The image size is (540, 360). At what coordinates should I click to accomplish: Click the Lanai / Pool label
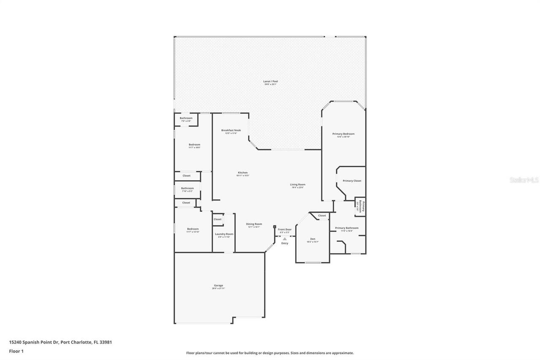coord(271,81)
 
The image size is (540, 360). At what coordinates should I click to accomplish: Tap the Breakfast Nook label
coord(231,130)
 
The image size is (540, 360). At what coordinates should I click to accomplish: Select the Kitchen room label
coord(243,173)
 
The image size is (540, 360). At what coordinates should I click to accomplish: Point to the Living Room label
coord(297,184)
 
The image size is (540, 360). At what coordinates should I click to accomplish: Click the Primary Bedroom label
coord(343,134)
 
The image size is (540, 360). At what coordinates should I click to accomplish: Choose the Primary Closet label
coord(351,181)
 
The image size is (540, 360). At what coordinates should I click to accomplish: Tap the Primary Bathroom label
coord(347,228)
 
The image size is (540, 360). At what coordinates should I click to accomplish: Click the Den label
coord(313,239)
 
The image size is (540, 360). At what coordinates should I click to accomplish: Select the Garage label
coord(219,286)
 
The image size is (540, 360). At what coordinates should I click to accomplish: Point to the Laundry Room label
coord(224,234)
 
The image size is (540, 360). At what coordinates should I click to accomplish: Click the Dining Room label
coord(254,224)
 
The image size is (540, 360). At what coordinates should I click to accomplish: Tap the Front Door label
coord(285,230)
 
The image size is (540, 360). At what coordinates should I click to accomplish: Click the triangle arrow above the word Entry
coord(285,239)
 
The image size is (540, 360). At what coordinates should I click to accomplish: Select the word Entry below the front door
coord(285,243)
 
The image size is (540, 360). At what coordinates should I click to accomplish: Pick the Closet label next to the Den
coord(322,216)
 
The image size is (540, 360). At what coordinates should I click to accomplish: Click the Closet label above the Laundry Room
coord(217,219)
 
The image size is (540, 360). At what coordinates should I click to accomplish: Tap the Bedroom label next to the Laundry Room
coord(192,229)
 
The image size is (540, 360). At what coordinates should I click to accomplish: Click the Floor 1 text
coord(16,351)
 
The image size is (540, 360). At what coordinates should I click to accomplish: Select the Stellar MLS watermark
coord(524,180)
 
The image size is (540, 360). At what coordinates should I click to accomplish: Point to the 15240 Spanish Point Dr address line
coord(60,342)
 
